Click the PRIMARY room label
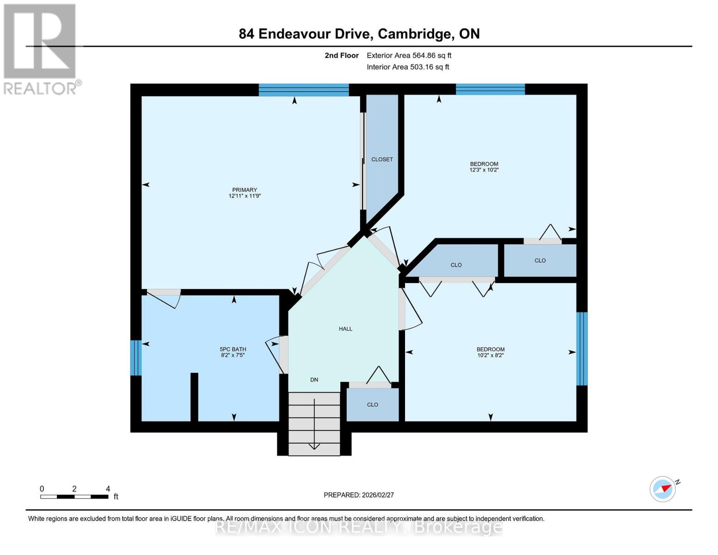tap(245, 190)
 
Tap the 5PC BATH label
tap(233, 349)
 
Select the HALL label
tap(345, 329)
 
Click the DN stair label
tap(314, 380)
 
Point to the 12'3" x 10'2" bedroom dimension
tap(484, 170)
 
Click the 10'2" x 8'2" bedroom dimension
tap(491, 355)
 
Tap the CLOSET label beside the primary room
tap(382, 160)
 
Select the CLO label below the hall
tap(373, 405)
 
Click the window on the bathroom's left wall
tap(135, 358)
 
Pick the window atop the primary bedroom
tap(303, 90)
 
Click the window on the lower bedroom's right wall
tap(582, 349)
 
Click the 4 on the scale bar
tap(108, 489)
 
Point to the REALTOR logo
tap(41, 49)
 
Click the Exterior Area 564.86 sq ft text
tap(409, 55)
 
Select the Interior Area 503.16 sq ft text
tap(408, 67)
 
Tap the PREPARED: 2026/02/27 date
tap(359, 495)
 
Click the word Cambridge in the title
tap(415, 34)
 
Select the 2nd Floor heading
tap(342, 55)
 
